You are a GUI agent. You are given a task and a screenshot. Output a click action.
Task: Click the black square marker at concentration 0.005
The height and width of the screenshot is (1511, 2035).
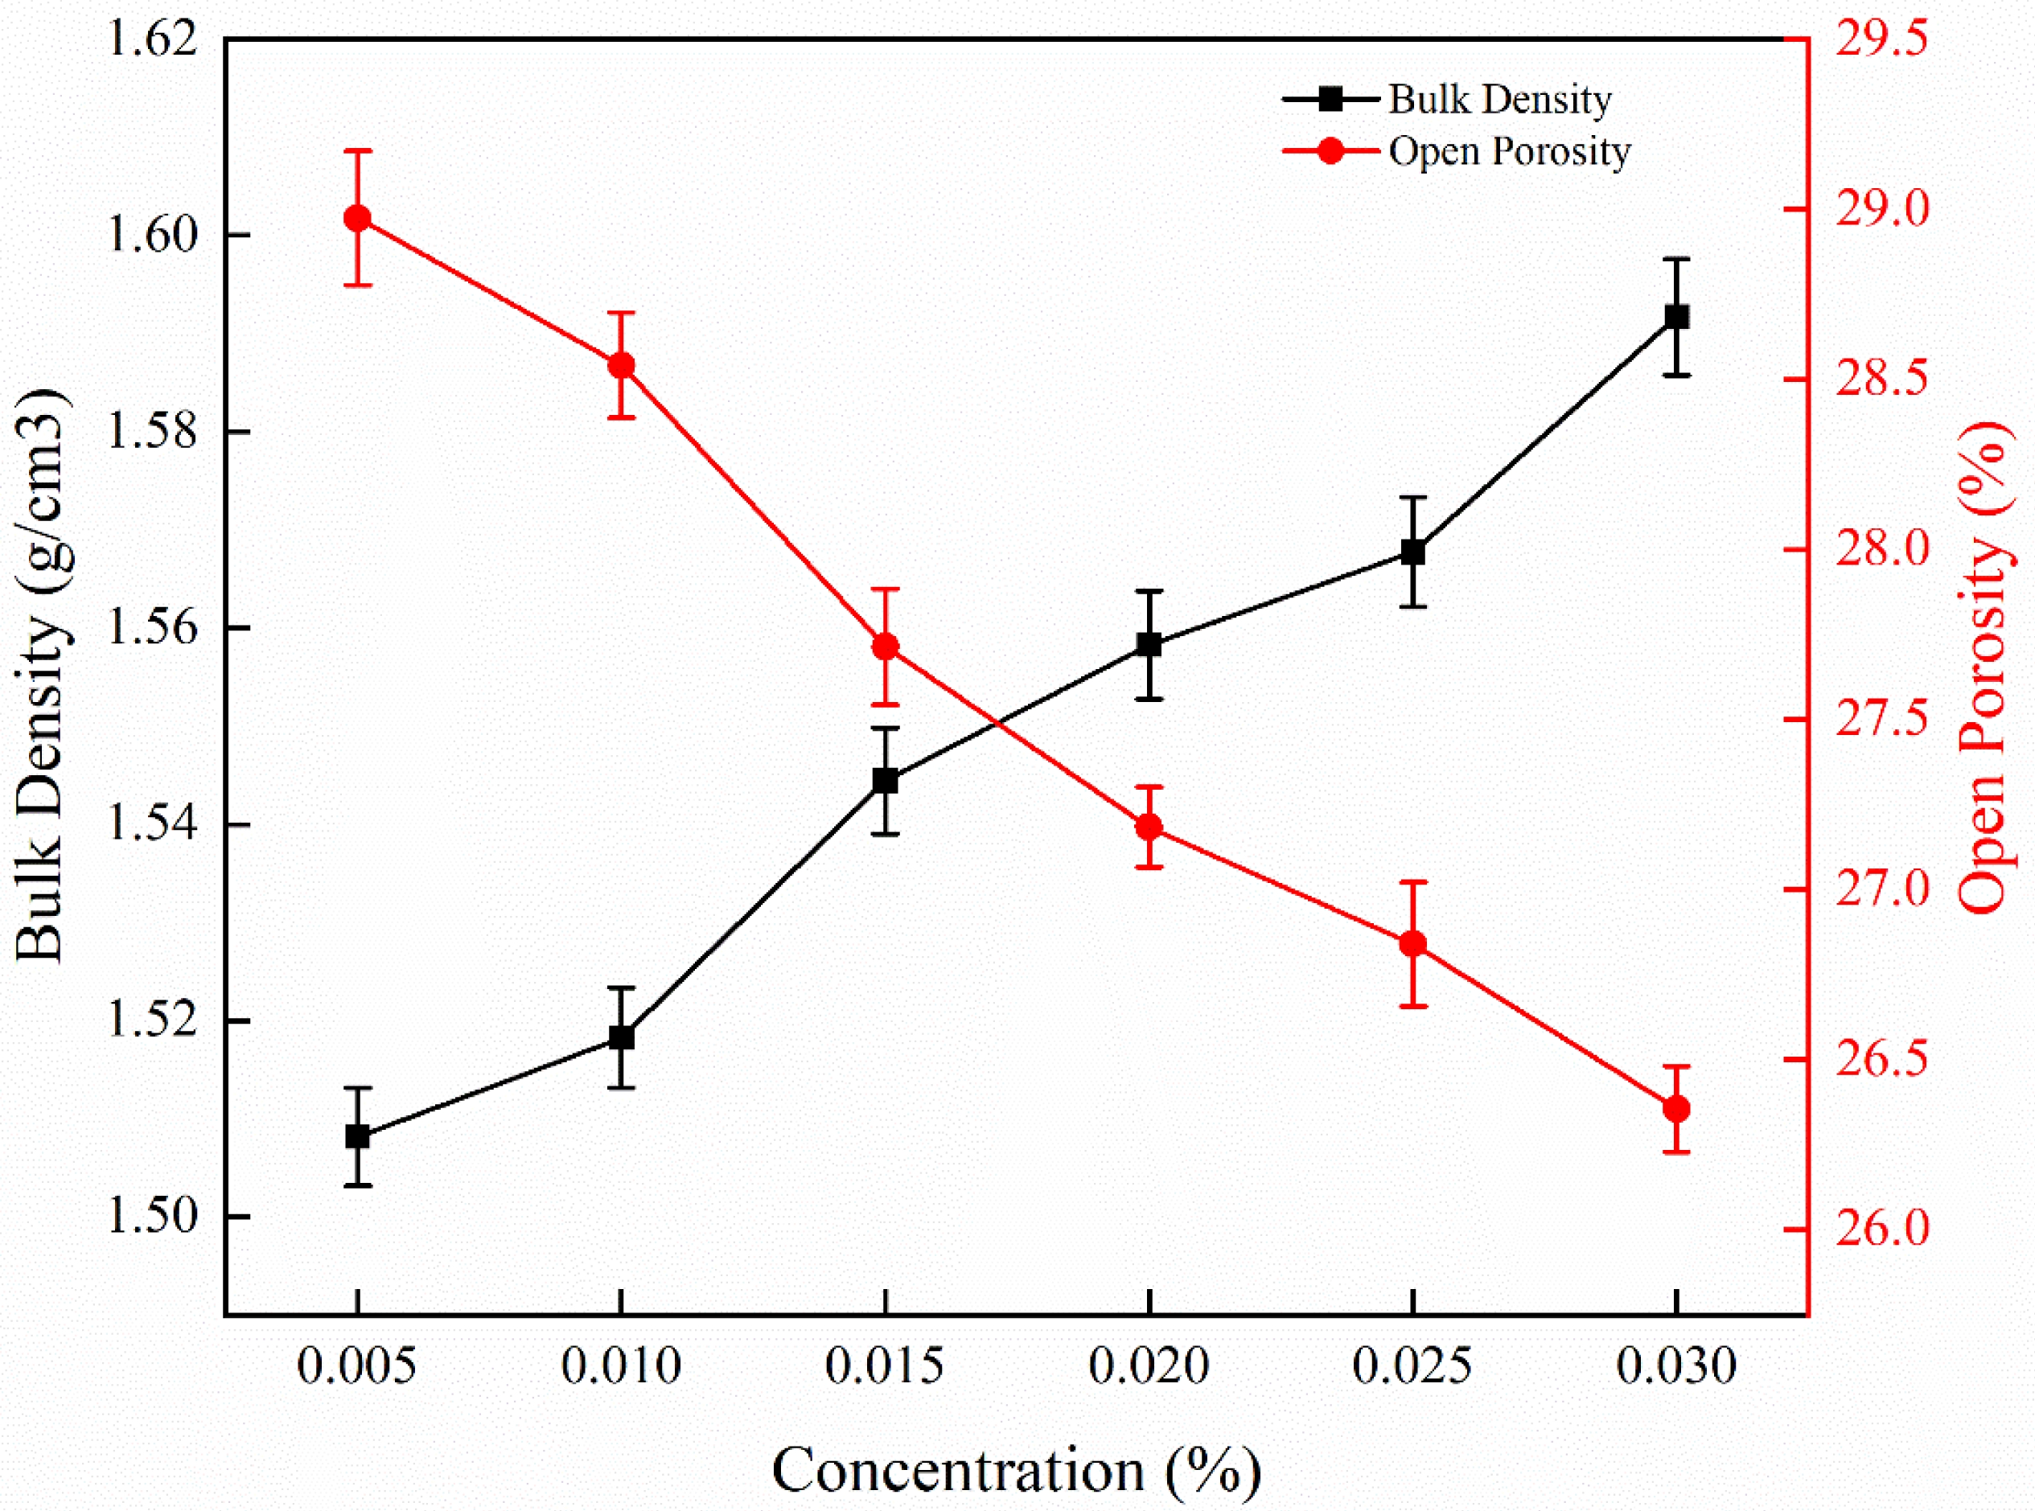(x=358, y=1137)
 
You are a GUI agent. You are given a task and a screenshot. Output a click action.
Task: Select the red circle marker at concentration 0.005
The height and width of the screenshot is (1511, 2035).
(x=358, y=218)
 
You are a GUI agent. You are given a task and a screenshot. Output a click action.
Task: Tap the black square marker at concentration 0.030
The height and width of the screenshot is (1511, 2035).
(x=1676, y=318)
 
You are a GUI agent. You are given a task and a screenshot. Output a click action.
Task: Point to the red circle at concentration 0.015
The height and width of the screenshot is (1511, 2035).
(x=886, y=647)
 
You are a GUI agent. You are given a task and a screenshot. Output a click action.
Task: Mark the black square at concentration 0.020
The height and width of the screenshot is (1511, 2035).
(x=1149, y=645)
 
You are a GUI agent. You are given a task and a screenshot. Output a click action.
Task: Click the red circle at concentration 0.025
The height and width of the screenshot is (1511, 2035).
(x=1413, y=944)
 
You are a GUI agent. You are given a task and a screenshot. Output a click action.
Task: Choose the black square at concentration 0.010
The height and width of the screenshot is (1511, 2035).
(x=622, y=1038)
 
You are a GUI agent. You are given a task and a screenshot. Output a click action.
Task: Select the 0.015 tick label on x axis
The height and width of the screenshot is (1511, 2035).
(x=885, y=1366)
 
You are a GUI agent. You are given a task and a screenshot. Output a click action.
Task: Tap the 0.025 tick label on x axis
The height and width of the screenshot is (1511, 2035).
(x=1412, y=1366)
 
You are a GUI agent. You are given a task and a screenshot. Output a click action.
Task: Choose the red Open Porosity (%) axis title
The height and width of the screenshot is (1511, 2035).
(x=1984, y=667)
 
